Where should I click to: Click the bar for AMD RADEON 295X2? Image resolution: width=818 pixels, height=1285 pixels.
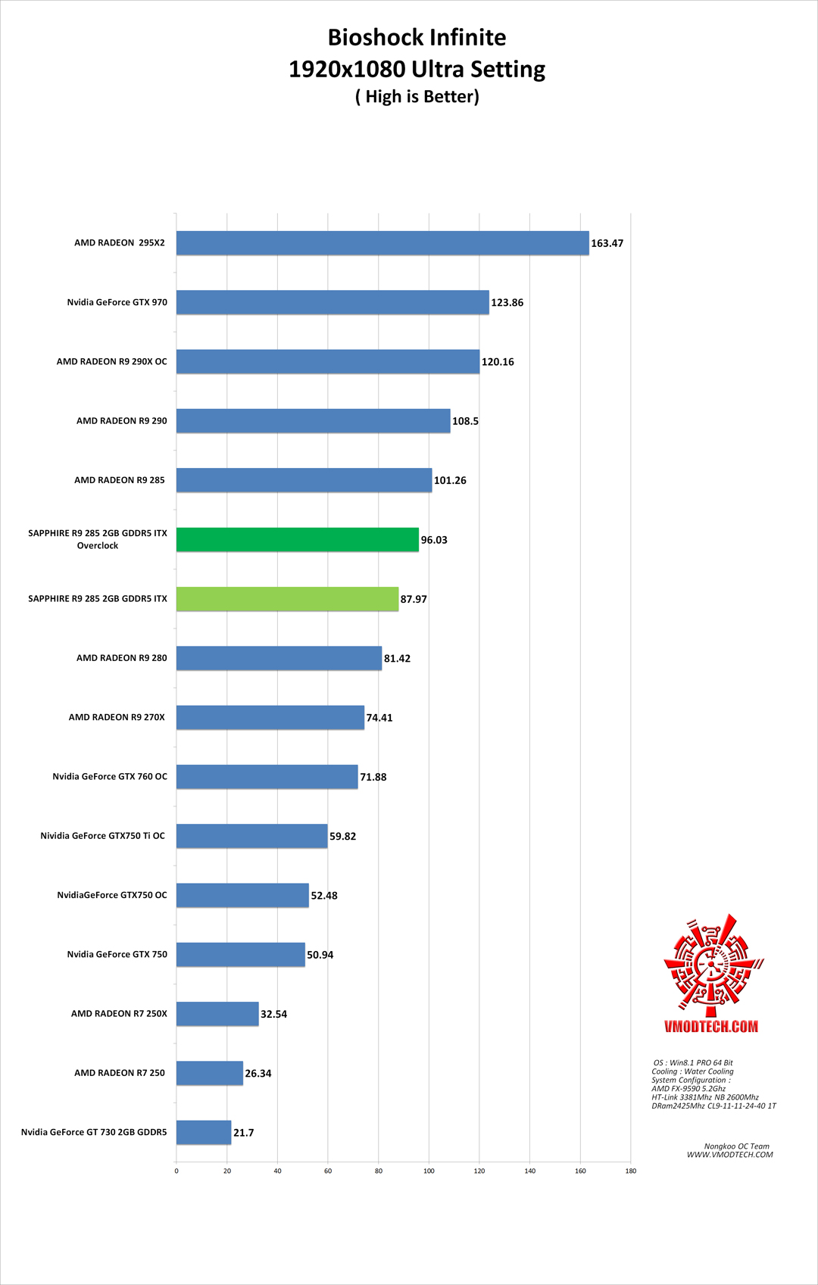[382, 243]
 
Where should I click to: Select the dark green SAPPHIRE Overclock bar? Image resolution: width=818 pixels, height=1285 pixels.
[298, 539]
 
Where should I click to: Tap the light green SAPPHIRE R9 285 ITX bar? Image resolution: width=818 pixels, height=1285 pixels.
[287, 599]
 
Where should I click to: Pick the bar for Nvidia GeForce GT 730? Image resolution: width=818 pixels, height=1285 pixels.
[204, 1132]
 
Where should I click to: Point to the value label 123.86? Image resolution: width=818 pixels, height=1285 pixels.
[507, 303]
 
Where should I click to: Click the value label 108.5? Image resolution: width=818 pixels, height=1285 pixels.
[465, 421]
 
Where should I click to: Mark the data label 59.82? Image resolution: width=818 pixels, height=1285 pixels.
[342, 837]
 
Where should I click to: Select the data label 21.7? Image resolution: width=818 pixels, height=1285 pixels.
[243, 1133]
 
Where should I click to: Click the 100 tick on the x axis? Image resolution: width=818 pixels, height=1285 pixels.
[429, 1171]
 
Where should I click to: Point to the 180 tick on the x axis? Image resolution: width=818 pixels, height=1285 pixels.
[630, 1171]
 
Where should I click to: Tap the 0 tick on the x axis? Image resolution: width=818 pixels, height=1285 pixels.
[176, 1171]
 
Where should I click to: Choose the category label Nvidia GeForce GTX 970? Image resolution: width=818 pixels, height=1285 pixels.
[117, 302]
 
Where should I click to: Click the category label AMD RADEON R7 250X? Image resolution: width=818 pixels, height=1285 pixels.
[119, 1013]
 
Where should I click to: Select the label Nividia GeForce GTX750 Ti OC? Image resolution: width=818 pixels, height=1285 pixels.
[102, 836]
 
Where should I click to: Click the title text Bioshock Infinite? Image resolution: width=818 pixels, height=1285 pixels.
[417, 37]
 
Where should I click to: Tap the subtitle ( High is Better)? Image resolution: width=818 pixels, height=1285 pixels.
[417, 97]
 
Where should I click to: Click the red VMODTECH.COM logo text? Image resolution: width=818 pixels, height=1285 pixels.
[710, 1027]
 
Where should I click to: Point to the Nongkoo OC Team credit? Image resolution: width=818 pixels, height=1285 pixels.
[736, 1146]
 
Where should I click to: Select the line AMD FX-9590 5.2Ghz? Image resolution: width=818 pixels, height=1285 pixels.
[688, 1088]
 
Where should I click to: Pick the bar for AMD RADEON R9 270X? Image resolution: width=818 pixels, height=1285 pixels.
[270, 717]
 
